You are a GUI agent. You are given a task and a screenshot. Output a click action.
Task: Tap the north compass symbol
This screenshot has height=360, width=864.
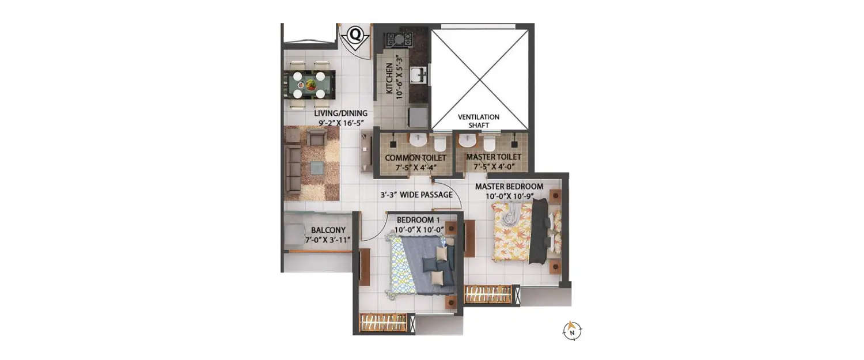pyautogui.click(x=572, y=331)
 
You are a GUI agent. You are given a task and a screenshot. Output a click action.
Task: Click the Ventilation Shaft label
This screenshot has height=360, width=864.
pyautogui.click(x=479, y=121)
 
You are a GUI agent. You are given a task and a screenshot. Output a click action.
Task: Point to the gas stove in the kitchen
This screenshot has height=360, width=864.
pyautogui.click(x=399, y=39)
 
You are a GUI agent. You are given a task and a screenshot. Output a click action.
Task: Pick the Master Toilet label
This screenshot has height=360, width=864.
pyautogui.click(x=493, y=161)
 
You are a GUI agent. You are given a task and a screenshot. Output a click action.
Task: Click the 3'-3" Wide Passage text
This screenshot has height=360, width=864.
pyautogui.click(x=416, y=195)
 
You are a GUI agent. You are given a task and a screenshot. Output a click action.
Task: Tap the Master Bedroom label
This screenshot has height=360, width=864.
pyautogui.click(x=509, y=191)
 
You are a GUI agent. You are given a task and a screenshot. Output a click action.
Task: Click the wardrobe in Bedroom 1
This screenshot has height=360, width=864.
pyautogui.click(x=383, y=323)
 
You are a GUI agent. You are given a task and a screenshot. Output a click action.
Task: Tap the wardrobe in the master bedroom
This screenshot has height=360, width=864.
pyautogui.click(x=488, y=294)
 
